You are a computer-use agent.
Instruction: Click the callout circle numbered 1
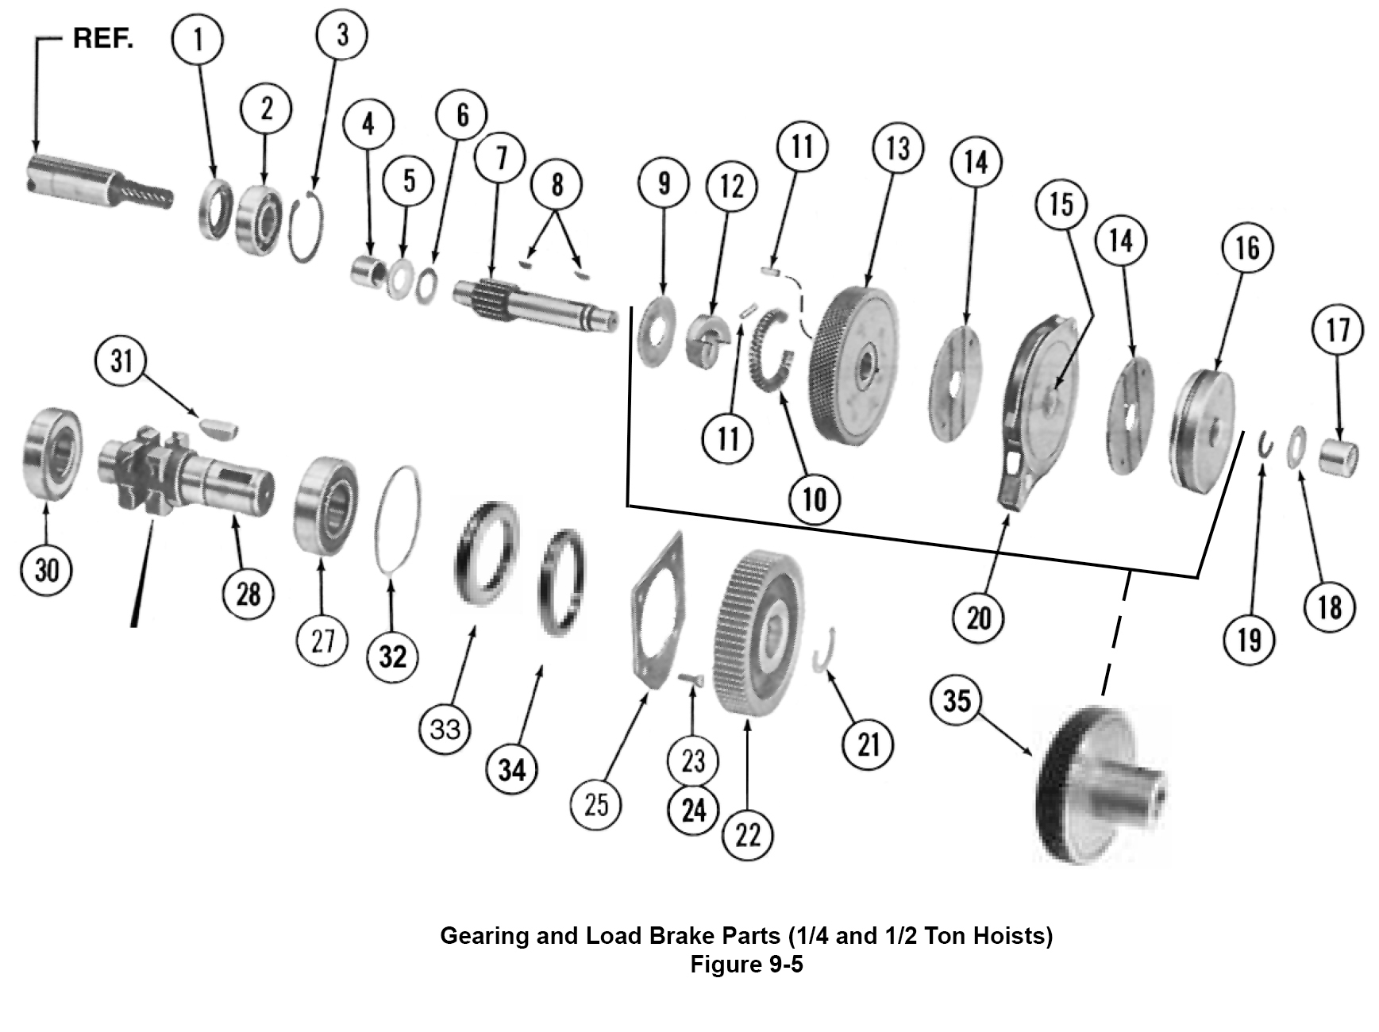coord(198,38)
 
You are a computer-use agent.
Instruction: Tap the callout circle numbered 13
coord(897,148)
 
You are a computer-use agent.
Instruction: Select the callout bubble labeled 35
coord(956,700)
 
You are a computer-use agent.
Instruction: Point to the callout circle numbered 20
coord(978,617)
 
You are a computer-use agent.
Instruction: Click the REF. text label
coord(103,38)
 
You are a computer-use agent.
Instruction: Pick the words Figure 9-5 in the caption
coord(745,965)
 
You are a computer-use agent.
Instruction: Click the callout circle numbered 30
coord(46,568)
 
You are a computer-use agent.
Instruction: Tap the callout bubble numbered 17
coord(1338,329)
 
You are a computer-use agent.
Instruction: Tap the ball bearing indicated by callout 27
coord(325,500)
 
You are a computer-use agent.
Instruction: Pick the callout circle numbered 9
coord(664,183)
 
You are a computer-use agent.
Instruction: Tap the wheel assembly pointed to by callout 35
coord(1100,786)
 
